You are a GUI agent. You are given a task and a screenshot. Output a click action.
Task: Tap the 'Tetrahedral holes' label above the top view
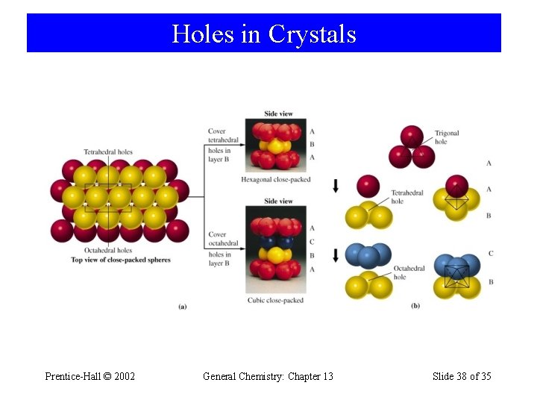point(108,152)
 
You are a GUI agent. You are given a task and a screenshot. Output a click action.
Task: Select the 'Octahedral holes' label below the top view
point(108,251)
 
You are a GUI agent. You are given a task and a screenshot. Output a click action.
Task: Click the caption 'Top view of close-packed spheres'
point(120,260)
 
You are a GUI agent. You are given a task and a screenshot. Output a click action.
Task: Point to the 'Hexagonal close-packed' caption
point(275,179)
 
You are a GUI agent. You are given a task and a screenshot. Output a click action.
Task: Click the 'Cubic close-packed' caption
point(275,300)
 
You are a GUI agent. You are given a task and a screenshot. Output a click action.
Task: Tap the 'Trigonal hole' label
point(447,137)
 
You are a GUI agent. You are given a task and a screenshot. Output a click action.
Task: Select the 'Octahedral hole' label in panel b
point(409,272)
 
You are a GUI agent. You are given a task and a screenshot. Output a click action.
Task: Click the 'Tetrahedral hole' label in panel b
point(406,196)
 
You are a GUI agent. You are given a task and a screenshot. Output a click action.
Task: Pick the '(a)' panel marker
point(182,306)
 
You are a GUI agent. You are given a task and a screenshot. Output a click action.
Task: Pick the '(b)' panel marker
point(415,306)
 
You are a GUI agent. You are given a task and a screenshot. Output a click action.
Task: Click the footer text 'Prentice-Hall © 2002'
point(89,376)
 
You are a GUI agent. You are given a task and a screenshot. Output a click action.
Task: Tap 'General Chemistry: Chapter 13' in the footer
point(268,376)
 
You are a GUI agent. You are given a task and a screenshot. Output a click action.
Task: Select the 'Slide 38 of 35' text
point(462,376)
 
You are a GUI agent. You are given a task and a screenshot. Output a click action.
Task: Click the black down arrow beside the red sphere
point(336,185)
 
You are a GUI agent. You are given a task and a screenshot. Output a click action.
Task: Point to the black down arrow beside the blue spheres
point(336,254)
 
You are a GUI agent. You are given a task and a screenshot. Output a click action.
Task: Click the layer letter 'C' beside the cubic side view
point(312,241)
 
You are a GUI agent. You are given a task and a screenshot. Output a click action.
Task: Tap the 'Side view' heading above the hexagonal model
point(278,114)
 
